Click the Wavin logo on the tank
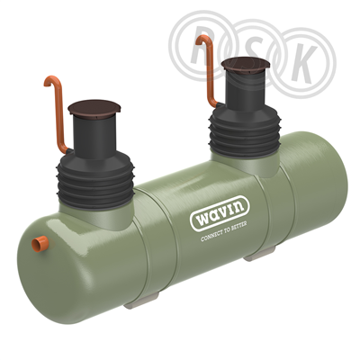[x=220, y=213]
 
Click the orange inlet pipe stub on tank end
[x=40, y=244]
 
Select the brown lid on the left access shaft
[x=94, y=107]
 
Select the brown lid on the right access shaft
[x=246, y=64]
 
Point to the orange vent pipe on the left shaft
[x=58, y=114]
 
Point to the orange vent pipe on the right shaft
[x=208, y=70]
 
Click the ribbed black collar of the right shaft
[x=245, y=131]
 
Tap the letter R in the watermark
[x=202, y=48]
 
